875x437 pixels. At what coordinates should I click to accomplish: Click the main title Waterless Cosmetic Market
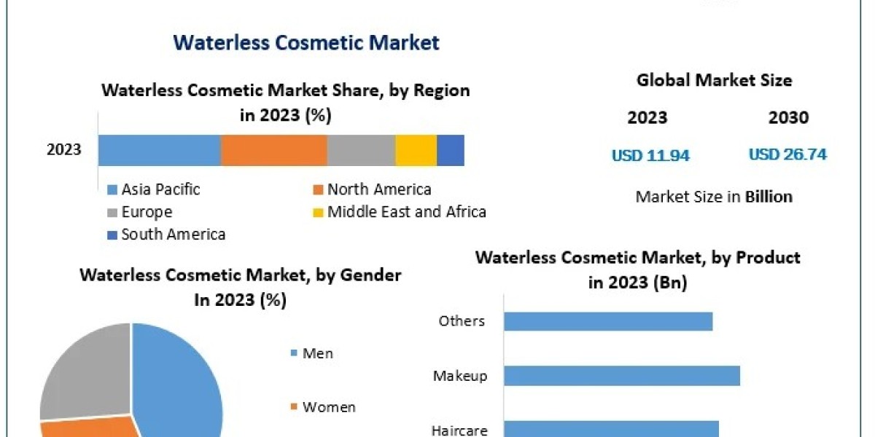(x=306, y=42)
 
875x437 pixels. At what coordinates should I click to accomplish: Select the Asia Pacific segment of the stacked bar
(x=159, y=150)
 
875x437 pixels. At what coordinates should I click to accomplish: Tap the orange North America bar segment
(x=273, y=150)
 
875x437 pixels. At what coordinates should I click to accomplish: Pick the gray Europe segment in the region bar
(x=361, y=150)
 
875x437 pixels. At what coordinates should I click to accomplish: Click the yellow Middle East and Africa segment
(x=416, y=150)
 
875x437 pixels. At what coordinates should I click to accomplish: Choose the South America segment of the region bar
(x=450, y=150)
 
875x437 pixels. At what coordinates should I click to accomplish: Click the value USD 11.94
(x=650, y=155)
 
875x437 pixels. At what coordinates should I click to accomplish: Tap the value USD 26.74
(x=787, y=154)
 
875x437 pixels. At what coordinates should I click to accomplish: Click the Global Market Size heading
(x=714, y=80)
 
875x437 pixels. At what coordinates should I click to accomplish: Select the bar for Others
(x=607, y=321)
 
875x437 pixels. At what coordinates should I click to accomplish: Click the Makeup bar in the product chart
(x=621, y=376)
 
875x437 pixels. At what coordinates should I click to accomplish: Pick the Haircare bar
(x=611, y=428)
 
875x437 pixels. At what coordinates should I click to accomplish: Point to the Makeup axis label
(x=459, y=376)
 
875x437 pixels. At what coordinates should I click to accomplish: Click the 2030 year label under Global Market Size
(x=788, y=117)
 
